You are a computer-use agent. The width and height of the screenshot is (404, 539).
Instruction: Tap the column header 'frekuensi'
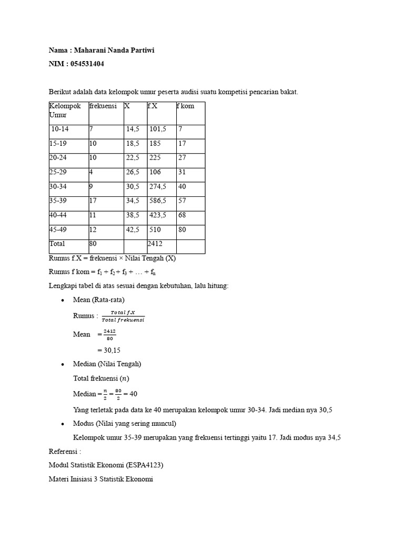click(x=103, y=106)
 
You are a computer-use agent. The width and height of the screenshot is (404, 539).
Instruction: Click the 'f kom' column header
click(x=186, y=106)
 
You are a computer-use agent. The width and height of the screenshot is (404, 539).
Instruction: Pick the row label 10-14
click(x=59, y=128)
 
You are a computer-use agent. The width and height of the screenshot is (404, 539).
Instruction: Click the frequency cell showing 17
click(x=94, y=201)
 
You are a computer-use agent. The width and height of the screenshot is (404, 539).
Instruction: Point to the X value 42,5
click(x=132, y=229)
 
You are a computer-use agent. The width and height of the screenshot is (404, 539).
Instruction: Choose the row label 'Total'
click(x=57, y=244)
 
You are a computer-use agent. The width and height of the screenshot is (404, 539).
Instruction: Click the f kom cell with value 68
click(x=182, y=215)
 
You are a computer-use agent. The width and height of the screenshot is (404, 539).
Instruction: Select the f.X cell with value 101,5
click(x=158, y=128)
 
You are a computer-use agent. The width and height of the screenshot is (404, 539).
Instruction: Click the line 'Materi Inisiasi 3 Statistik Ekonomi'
click(x=100, y=480)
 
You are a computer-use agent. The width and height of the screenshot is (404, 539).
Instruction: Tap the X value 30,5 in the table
click(x=132, y=186)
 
